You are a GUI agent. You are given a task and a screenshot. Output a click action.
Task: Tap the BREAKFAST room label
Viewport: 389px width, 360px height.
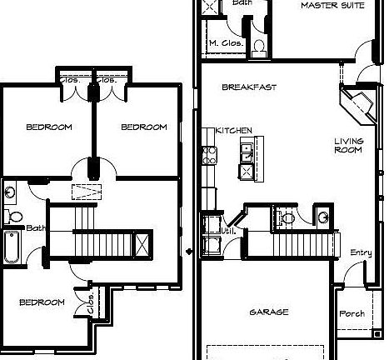click(244, 87)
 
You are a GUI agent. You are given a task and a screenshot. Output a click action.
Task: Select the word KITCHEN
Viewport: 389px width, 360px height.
click(234, 131)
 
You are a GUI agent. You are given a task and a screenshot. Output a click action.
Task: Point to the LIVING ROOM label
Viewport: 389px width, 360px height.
click(349, 146)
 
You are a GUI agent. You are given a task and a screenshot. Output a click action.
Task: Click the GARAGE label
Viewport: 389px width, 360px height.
click(268, 312)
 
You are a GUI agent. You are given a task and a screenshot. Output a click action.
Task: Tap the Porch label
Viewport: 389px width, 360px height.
click(352, 314)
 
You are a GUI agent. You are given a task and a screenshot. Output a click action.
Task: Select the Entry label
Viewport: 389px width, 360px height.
click(361, 252)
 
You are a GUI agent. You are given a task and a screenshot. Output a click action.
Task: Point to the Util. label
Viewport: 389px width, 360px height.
click(227, 231)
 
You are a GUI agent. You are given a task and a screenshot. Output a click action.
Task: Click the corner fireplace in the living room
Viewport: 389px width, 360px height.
click(356, 106)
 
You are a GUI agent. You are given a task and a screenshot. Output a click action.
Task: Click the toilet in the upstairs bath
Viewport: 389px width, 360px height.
click(14, 217)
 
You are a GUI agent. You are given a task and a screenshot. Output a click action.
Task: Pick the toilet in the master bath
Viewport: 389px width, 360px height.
click(258, 45)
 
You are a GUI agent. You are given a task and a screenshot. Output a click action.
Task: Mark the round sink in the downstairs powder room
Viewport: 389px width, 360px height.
click(322, 218)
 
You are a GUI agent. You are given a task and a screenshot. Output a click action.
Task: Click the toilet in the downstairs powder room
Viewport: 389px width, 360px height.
click(287, 218)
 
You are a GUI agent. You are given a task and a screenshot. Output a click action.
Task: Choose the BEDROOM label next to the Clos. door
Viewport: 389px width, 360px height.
click(42, 302)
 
